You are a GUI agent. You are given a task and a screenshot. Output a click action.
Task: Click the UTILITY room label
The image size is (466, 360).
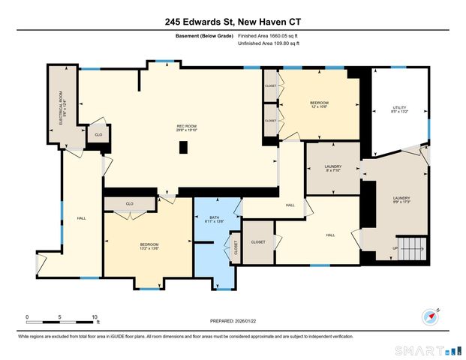pyautogui.click(x=398, y=110)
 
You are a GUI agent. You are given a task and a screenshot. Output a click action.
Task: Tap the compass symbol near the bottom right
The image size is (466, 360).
pyautogui.click(x=431, y=316)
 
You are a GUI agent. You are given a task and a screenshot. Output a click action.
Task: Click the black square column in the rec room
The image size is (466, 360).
pyautogui.click(x=183, y=148)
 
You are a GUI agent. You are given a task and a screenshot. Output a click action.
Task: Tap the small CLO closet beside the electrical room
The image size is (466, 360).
pyautogui.click(x=97, y=135)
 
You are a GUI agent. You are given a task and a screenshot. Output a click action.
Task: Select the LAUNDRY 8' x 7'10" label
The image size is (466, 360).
pyautogui.click(x=333, y=169)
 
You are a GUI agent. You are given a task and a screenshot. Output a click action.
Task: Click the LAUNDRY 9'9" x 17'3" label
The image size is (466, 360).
pyautogui.click(x=401, y=200)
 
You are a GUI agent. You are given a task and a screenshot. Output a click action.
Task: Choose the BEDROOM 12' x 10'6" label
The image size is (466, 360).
pyautogui.click(x=319, y=104)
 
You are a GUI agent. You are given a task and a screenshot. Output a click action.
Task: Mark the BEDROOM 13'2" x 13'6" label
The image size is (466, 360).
pyautogui.click(x=149, y=247)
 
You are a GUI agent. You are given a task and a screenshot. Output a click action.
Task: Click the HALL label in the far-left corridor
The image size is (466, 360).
pyautogui.click(x=81, y=219)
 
